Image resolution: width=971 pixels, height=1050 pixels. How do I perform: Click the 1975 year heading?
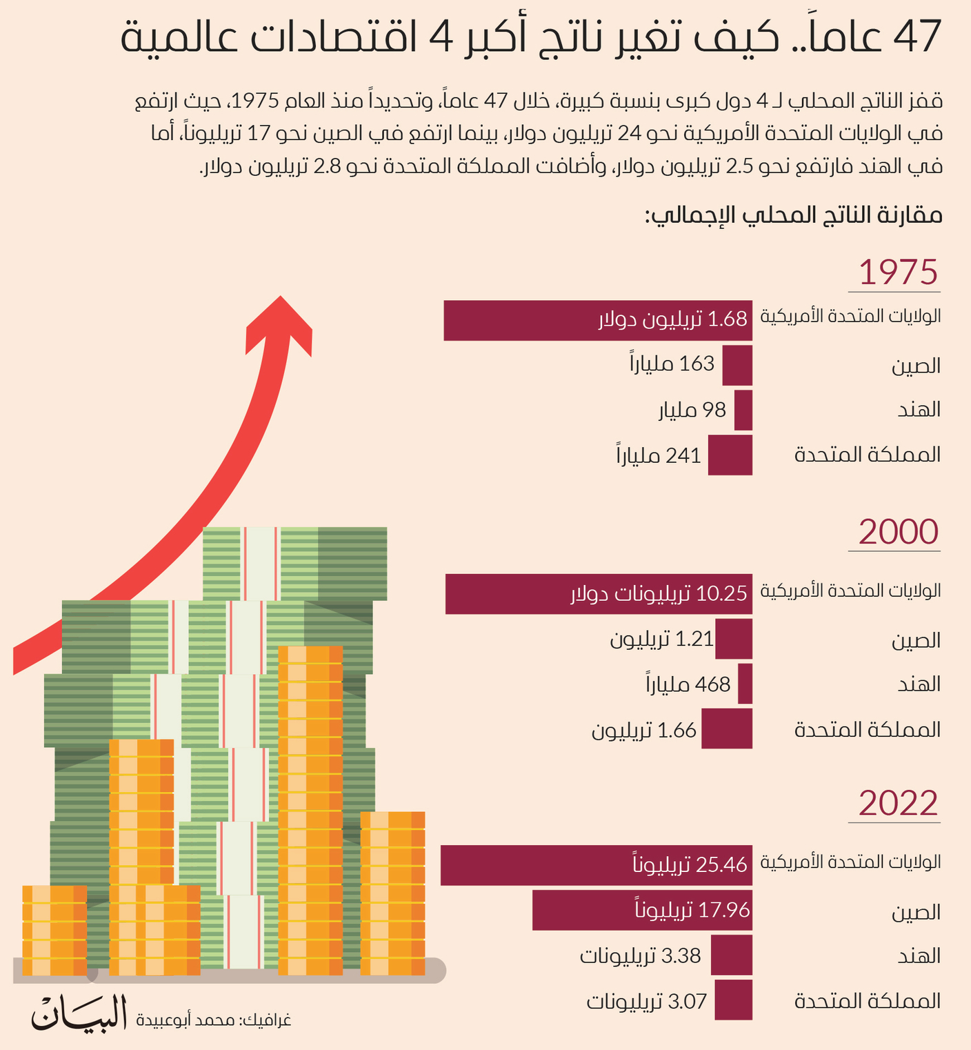click(x=898, y=273)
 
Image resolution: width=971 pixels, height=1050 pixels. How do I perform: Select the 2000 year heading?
click(x=898, y=533)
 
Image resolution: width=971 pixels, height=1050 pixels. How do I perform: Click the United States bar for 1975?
click(x=597, y=320)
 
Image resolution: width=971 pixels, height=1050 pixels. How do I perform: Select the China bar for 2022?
click(x=641, y=910)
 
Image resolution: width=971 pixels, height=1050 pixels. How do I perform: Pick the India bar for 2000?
click(x=745, y=684)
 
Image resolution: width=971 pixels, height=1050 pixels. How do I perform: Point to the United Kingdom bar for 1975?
click(x=730, y=455)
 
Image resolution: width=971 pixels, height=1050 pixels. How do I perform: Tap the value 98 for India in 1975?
click(x=714, y=410)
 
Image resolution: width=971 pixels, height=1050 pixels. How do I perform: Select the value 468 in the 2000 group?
click(x=712, y=684)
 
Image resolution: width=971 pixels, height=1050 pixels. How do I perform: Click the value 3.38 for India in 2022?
click(x=681, y=956)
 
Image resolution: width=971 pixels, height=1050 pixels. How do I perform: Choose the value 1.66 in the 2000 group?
click(x=677, y=731)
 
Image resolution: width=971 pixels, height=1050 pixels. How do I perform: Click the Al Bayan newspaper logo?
click(x=79, y=1013)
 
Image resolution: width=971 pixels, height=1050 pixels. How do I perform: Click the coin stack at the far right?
click(x=392, y=893)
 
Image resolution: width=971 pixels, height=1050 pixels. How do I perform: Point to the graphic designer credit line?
click(x=214, y=1020)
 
